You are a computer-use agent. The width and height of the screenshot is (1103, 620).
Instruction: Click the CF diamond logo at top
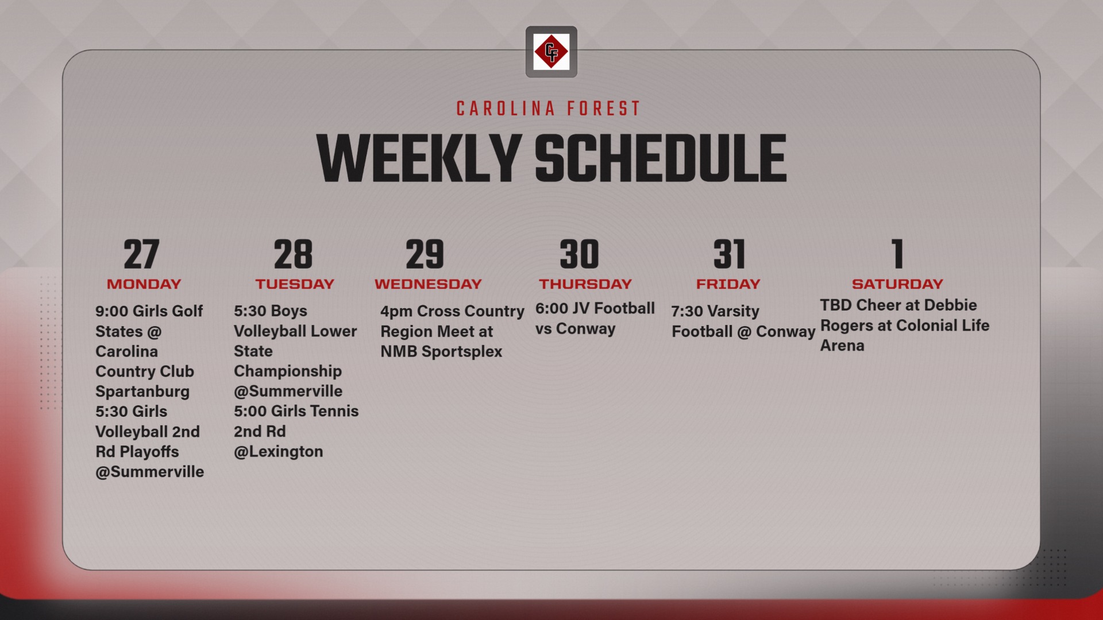click(x=551, y=52)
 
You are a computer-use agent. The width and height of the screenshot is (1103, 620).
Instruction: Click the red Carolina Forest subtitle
click(x=549, y=108)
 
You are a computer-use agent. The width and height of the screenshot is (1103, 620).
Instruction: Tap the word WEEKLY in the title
click(x=419, y=158)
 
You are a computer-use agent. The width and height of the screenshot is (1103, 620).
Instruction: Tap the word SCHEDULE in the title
click(x=661, y=158)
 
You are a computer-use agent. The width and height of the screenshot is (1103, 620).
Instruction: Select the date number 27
click(x=141, y=254)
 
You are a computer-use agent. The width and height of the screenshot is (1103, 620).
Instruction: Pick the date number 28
click(x=293, y=254)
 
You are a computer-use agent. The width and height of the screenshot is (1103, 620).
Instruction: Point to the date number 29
click(x=425, y=254)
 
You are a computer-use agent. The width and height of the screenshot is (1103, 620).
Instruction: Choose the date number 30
click(x=579, y=254)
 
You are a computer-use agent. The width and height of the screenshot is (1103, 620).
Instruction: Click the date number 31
click(x=729, y=254)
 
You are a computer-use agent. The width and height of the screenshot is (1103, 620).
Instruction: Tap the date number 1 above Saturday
click(x=898, y=254)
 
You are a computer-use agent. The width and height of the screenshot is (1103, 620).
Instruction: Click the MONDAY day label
click(x=144, y=284)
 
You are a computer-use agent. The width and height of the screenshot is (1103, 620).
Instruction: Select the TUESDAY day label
click(x=295, y=284)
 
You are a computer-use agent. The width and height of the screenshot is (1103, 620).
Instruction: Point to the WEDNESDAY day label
click(x=428, y=284)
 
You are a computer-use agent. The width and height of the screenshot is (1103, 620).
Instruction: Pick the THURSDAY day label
click(x=585, y=284)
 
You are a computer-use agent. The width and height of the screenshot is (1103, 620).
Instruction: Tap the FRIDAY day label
click(x=728, y=284)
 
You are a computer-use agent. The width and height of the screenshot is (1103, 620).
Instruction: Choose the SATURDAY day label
click(x=897, y=284)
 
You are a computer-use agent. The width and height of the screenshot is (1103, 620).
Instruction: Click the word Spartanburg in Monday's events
click(x=142, y=392)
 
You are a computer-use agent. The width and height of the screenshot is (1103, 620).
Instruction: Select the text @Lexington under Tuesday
click(x=279, y=452)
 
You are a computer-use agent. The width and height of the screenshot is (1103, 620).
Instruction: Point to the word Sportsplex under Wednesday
click(x=462, y=352)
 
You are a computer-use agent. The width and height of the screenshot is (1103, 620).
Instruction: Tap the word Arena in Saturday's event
click(x=842, y=346)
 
